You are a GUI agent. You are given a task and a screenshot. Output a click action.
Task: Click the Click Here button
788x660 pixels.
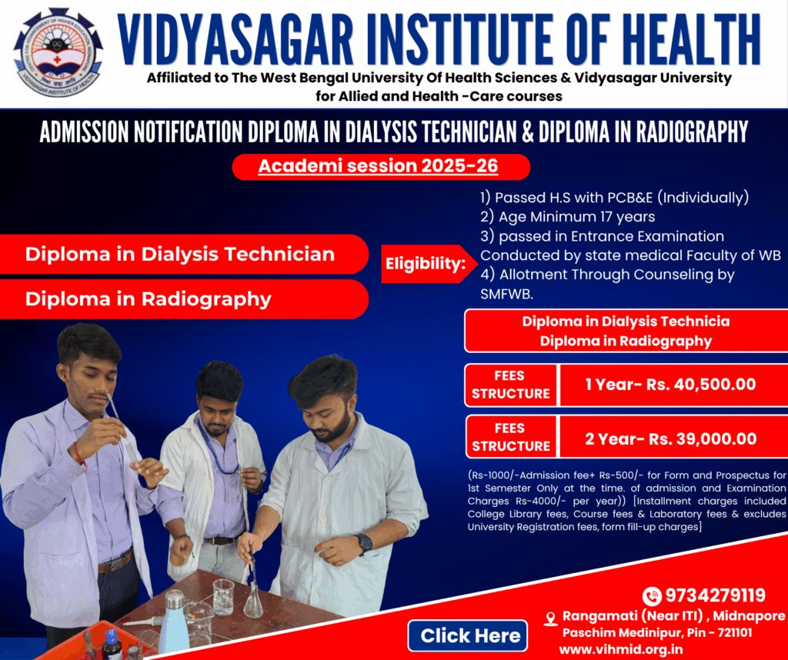[x=467, y=635]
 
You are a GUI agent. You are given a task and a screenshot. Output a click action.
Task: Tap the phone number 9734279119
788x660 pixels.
[x=715, y=595]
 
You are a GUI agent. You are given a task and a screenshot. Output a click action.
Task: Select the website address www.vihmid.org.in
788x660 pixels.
[x=621, y=649]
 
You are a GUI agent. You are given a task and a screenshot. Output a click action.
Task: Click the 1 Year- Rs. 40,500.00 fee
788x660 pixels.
[x=670, y=385]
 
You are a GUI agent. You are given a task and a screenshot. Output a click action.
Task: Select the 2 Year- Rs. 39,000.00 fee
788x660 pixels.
[x=671, y=438]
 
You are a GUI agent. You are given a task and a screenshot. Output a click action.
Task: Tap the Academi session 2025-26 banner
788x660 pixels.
[x=381, y=166]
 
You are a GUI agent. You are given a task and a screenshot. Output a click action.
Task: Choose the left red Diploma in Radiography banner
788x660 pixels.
[x=184, y=299]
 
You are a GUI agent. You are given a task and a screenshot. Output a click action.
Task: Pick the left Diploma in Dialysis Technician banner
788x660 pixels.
[x=184, y=254]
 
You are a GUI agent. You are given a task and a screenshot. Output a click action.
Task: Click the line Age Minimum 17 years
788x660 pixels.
[x=567, y=216]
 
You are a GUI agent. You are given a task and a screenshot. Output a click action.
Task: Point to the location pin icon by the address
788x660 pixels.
[x=551, y=618]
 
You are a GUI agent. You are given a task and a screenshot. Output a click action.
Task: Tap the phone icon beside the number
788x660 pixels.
[x=652, y=595]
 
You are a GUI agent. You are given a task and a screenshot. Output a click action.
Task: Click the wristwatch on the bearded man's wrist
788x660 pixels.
[x=364, y=543]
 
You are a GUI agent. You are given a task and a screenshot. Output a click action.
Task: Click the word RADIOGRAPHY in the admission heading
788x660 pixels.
[x=693, y=132]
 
